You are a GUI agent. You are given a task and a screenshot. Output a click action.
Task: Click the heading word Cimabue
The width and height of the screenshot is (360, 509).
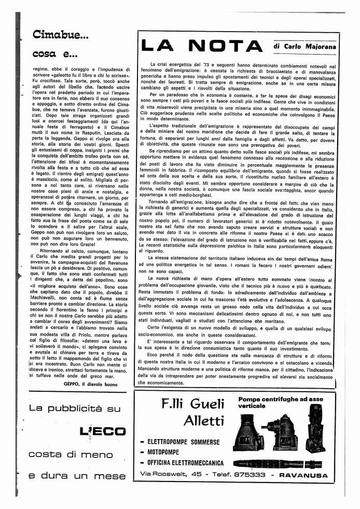pos(60,35)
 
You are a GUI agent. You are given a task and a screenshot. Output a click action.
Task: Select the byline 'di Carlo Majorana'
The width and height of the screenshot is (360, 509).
pos(304,46)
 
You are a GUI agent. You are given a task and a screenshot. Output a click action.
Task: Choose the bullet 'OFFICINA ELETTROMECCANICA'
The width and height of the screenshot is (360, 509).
pos(185,463)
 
